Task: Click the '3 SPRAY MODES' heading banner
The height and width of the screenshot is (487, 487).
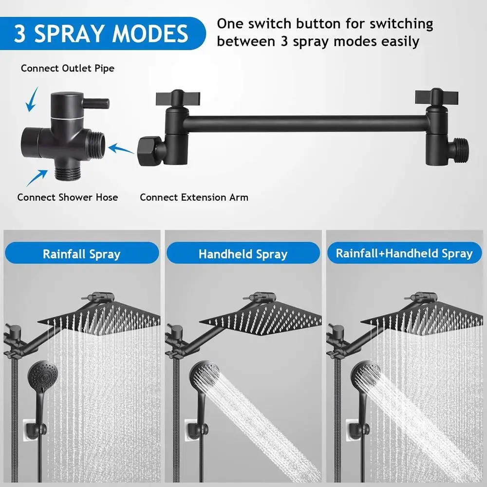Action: pos(101,33)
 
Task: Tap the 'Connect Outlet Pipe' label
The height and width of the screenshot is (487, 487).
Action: pos(67,68)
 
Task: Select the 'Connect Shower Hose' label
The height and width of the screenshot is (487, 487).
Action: pos(67,197)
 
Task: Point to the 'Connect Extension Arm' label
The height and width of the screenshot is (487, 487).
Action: pos(194,197)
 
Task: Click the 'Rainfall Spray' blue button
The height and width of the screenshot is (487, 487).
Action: pos(81,254)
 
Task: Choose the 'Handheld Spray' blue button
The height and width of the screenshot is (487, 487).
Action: pos(243,254)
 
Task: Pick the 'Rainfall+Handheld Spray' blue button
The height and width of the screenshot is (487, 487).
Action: pos(404,253)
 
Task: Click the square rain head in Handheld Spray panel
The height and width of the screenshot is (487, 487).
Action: pos(261,319)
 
